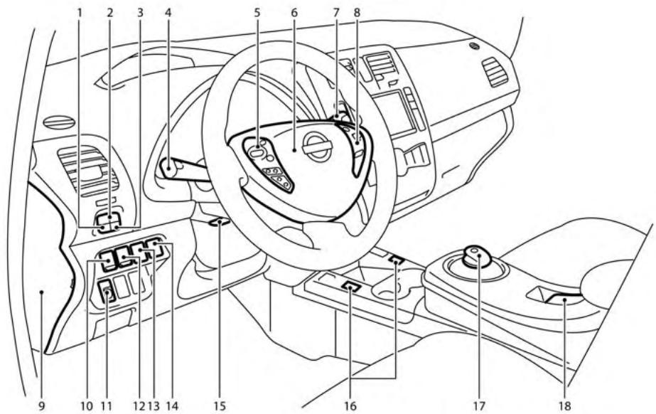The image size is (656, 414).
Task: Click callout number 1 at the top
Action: tap(80, 12)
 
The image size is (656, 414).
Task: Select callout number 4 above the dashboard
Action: tap(166, 12)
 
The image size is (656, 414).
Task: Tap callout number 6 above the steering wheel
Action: tap(294, 12)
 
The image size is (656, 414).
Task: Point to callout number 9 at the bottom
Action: tap(43, 406)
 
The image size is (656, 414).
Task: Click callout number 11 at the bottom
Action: tap(107, 406)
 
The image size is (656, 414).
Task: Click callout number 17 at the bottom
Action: tap(478, 406)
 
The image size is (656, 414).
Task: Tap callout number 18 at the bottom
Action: tap(565, 406)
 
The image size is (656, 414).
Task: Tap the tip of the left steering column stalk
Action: tap(168, 168)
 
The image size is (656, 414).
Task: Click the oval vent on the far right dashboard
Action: tap(495, 71)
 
